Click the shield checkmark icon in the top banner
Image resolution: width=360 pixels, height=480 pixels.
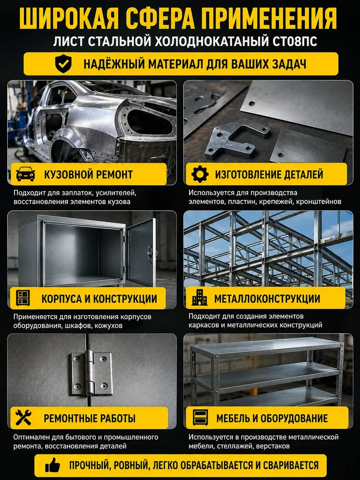(63, 64)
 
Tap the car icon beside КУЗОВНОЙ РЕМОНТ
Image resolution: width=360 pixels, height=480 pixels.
(25, 174)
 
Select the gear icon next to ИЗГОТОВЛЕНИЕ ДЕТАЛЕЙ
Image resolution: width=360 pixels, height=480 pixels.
(200, 174)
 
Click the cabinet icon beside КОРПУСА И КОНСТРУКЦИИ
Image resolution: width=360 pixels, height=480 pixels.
(23, 298)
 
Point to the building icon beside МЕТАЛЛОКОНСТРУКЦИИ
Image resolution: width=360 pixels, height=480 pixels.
(200, 297)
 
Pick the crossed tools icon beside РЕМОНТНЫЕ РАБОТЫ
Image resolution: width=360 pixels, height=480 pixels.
(24, 418)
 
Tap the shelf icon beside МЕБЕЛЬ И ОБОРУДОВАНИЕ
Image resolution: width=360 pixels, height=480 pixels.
(201, 418)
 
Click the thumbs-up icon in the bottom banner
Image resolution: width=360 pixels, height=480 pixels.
(53, 465)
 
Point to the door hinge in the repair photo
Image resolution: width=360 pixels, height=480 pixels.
(91, 373)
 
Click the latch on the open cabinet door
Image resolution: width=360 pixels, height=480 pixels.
(150, 253)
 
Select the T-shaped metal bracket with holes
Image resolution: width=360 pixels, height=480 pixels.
(237, 139)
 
